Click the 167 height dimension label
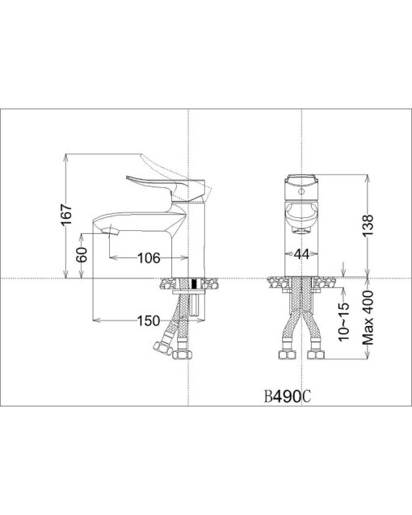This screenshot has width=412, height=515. [66, 215]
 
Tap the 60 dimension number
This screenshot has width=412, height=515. [82, 254]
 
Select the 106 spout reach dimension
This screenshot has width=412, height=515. [149, 258]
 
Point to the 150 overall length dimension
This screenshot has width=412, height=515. [149, 321]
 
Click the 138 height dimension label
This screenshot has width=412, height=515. [368, 225]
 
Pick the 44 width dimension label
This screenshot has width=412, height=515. [301, 254]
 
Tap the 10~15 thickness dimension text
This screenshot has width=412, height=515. [344, 322]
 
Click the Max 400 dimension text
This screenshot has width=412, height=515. [368, 317]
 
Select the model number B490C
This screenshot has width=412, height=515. [288, 397]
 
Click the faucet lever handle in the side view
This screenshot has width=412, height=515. [165, 188]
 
